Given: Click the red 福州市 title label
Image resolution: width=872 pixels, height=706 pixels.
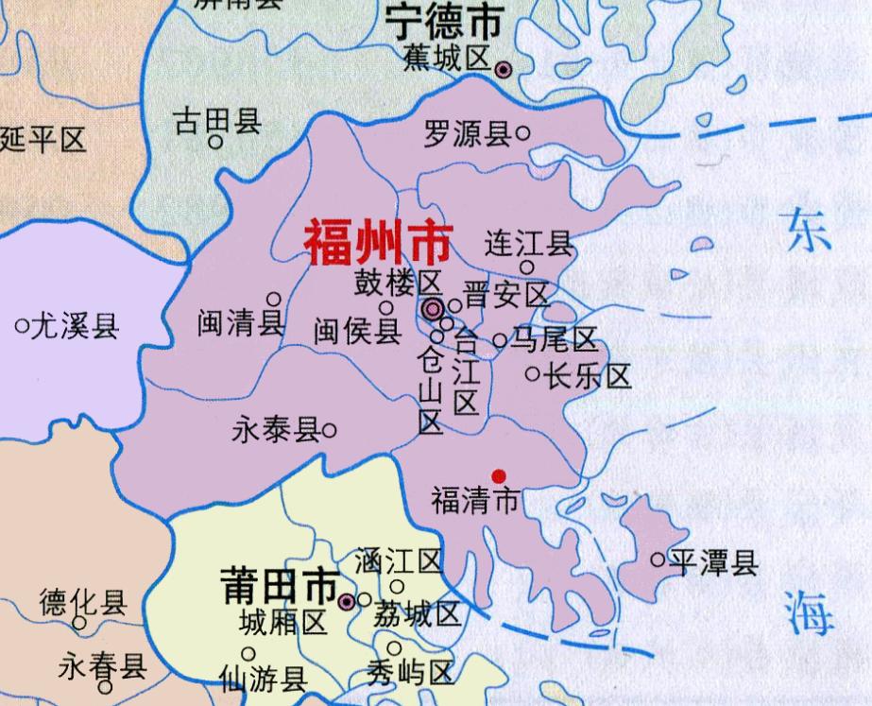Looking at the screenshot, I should pyautogui.click(x=377, y=243).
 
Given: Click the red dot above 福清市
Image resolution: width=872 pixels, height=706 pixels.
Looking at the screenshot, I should pyautogui.click(x=499, y=475).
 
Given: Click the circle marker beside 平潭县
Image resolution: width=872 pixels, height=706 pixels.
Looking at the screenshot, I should pyautogui.click(x=658, y=560).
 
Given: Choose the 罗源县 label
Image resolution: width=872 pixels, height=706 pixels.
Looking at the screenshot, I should pyautogui.click(x=466, y=134).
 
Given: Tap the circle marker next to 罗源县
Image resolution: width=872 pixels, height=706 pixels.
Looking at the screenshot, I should pyautogui.click(x=522, y=134).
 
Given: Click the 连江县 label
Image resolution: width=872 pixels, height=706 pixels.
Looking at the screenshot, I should pyautogui.click(x=529, y=244).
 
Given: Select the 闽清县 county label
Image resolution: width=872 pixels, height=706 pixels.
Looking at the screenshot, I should pyautogui.click(x=241, y=323).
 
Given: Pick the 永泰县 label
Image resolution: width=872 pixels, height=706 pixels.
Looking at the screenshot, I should pyautogui.click(x=275, y=431).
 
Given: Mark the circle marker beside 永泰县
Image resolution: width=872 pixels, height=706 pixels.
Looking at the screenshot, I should pyautogui.click(x=330, y=431).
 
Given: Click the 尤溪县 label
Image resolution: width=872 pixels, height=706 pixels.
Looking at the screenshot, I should pyautogui.click(x=75, y=327).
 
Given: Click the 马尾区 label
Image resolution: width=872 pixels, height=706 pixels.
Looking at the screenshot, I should pyautogui.click(x=555, y=340).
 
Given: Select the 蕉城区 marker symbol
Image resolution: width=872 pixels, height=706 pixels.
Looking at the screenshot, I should pyautogui.click(x=504, y=68).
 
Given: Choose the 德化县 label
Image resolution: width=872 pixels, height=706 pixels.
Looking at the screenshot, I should pyautogui.click(x=83, y=602).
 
